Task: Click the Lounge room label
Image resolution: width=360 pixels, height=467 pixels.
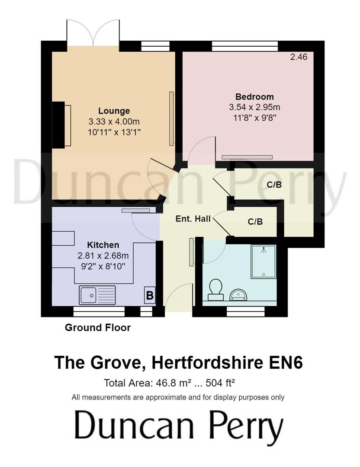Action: point(114,111)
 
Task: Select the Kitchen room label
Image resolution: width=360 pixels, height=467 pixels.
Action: point(103,245)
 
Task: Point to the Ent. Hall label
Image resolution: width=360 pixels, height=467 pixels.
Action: point(193,219)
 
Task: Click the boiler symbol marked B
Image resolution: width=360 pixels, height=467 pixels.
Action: point(150,296)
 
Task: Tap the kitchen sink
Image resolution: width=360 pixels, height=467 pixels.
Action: point(97,295)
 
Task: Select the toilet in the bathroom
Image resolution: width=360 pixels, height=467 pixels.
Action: point(215,289)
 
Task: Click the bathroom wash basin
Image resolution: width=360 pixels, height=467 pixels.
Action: point(238,294)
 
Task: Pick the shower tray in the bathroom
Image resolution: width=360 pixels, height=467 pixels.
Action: point(264,262)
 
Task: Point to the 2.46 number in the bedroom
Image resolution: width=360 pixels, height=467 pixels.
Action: point(299,57)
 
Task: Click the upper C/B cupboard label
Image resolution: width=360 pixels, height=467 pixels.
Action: point(274,185)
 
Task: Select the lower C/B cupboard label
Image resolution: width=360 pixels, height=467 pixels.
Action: point(255,222)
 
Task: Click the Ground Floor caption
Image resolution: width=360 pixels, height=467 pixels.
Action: point(98,328)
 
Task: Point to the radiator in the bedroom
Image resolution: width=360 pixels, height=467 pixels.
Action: point(247,157)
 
